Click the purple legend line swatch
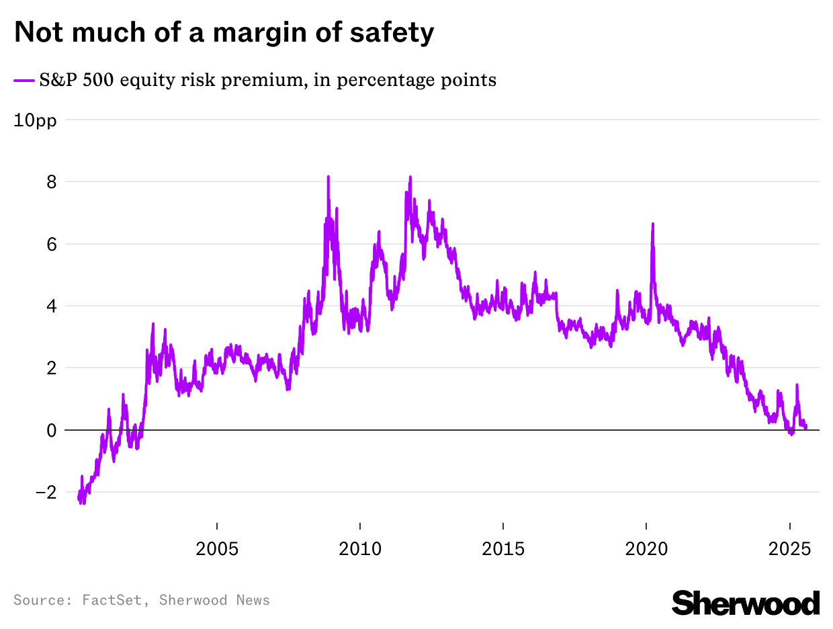(x=24, y=81)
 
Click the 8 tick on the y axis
(x=51, y=182)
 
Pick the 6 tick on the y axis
(x=51, y=244)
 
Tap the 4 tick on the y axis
(x=51, y=306)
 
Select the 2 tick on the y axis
(x=51, y=368)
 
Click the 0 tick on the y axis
(x=51, y=430)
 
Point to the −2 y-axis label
(x=46, y=492)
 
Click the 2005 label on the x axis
(x=217, y=548)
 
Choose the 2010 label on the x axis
(x=360, y=548)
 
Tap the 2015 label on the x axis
(x=503, y=548)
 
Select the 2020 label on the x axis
(x=646, y=548)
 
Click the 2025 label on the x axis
(x=789, y=548)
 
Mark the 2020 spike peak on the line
(x=652, y=224)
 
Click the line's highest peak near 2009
(x=328, y=177)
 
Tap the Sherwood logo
(x=746, y=602)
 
